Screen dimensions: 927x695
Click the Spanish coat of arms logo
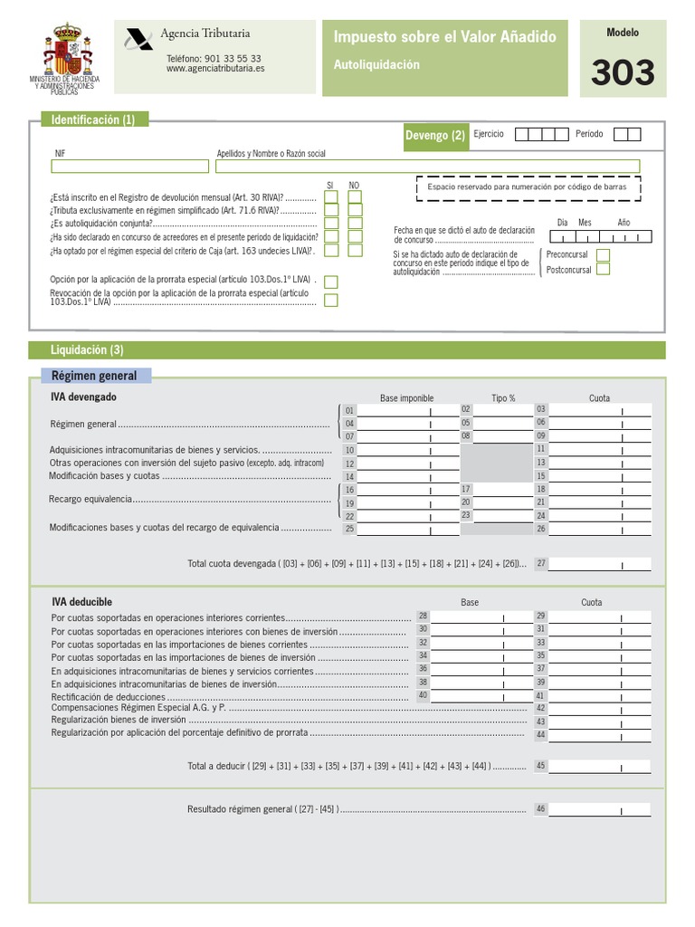[69, 53]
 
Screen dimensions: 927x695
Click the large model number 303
[623, 72]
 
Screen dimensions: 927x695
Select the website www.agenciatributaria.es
[215, 68]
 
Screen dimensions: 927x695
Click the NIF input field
[130, 167]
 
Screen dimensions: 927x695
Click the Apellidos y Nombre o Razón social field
[427, 167]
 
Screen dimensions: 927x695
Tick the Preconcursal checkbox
[603, 255]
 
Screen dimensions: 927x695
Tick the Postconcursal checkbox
[603, 269]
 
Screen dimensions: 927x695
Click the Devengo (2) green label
[435, 136]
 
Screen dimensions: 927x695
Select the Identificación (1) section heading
[94, 119]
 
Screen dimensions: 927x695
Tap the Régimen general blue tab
[95, 376]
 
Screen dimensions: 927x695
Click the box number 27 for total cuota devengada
[599, 563]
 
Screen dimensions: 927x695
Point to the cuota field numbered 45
[599, 766]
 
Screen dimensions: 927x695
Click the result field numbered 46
[599, 809]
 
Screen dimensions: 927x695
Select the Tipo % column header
[503, 398]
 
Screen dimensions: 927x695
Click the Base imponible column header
[406, 398]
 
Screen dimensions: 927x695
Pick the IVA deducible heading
[82, 601]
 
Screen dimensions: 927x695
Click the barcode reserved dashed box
[528, 187]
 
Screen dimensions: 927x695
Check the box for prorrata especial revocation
[331, 301]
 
